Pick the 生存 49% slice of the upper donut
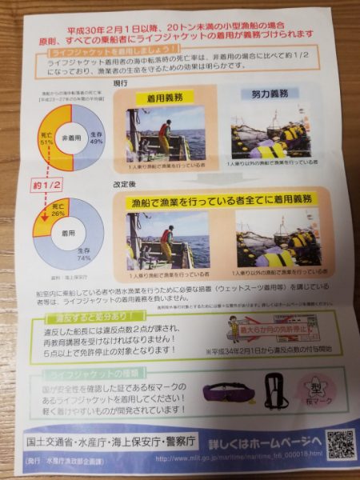(x=92, y=137)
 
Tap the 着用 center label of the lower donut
(x=73, y=236)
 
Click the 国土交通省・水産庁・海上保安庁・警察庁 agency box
(x=101, y=441)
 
